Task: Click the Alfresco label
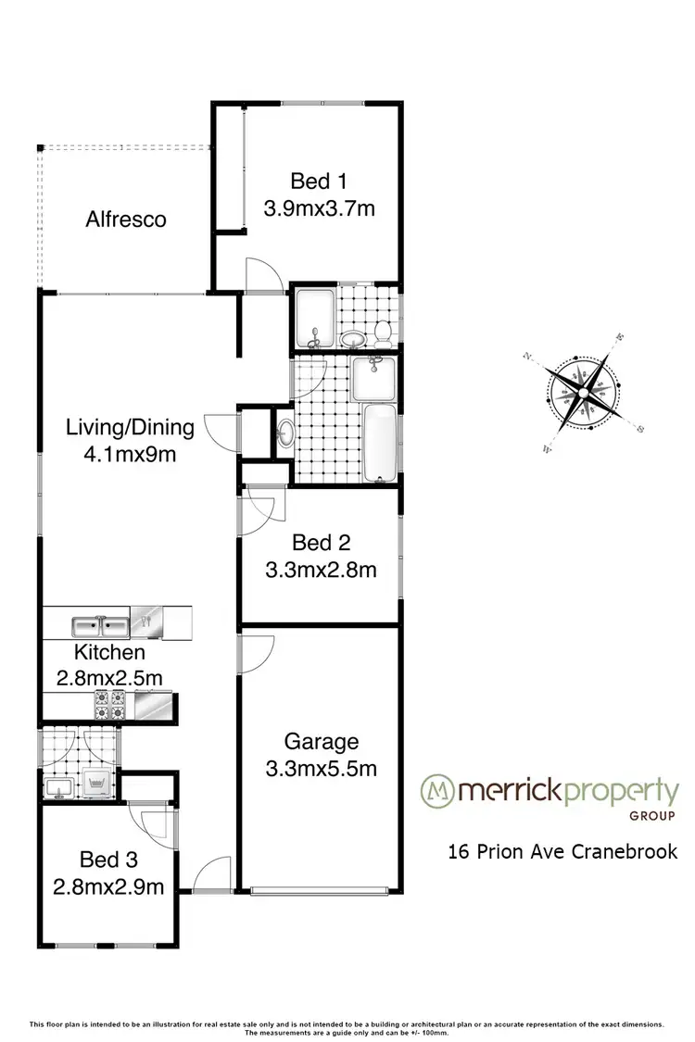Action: coord(126,220)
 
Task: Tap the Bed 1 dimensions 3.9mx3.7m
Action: coord(320,208)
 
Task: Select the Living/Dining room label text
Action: coord(130,428)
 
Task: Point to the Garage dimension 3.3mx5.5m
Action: coord(321,768)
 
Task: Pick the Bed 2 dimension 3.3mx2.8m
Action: coord(321,570)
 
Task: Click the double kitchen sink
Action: coord(102,622)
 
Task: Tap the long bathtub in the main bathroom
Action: coord(379,443)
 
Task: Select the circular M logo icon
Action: coord(436,790)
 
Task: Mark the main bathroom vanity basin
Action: coord(286,431)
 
